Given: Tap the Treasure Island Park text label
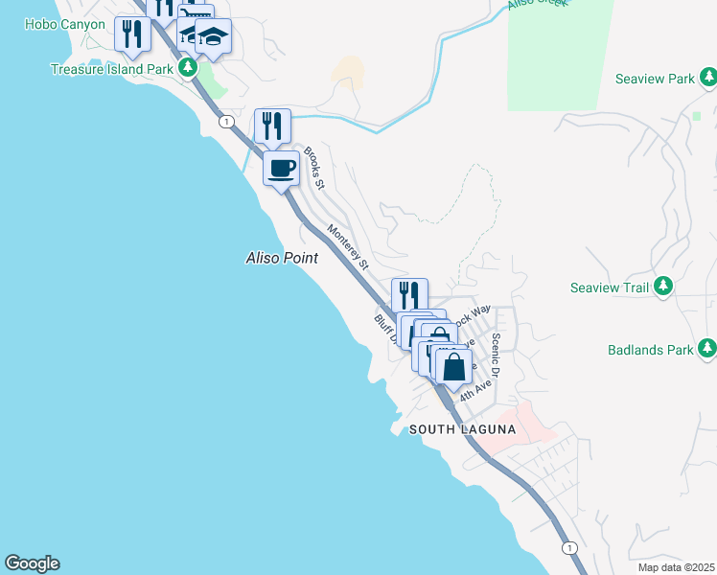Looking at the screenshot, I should pos(113,69).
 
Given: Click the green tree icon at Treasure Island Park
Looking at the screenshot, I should pos(190,68).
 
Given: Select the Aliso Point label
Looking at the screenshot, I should pos(282,258).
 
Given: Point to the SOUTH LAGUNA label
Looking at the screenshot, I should pos(463,429).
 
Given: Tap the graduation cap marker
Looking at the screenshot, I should pos(214,37).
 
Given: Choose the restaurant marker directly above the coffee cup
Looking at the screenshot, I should pos(272,126).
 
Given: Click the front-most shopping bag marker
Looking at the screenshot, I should pos(453,367).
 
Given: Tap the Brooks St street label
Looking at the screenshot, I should pos(314,168).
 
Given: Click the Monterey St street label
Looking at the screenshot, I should pos(348,244).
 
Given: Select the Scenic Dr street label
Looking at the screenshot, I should pos(496,355).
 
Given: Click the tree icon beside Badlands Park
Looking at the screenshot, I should pos(706,349).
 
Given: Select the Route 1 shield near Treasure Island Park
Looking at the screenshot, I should pos(226,122).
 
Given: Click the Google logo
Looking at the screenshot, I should pos(32,563).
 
